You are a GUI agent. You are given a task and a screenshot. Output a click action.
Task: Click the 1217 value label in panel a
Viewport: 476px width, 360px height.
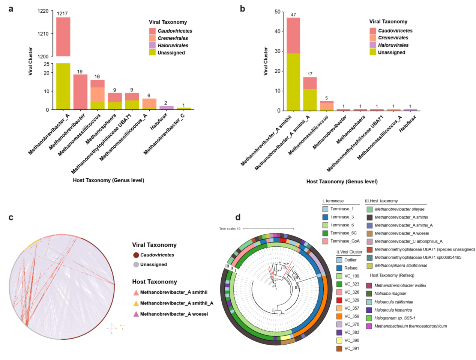tap(62, 13)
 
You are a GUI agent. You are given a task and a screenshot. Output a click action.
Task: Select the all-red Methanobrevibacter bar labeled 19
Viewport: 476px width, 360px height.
tap(80, 92)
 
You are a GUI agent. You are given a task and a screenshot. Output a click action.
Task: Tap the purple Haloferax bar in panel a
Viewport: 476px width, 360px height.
tap(166, 108)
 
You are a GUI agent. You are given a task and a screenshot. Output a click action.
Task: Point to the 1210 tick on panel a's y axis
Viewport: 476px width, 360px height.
tap(43, 34)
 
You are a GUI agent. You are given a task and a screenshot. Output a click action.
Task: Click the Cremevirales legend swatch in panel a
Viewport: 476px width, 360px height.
tap(152, 38)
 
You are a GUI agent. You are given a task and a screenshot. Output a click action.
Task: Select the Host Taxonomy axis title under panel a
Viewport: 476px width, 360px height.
tap(108, 180)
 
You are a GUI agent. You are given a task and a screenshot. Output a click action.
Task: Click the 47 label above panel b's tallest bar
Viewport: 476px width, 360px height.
tap(293, 15)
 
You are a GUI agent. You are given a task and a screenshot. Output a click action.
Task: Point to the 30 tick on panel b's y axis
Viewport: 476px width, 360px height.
tap(278, 51)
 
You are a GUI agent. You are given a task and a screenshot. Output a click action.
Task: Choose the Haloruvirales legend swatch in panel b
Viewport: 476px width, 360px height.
tap(373, 45)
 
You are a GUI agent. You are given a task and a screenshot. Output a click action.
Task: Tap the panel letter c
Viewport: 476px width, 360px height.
tap(11, 217)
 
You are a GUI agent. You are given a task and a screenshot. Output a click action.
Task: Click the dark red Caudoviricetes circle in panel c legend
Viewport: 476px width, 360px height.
tap(136, 255)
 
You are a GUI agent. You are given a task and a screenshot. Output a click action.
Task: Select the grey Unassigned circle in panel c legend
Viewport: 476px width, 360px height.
tap(136, 265)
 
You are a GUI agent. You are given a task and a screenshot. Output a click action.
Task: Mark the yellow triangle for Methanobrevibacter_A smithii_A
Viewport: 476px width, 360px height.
tap(136, 303)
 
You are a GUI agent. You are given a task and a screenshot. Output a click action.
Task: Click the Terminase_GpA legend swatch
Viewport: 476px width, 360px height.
tap(325, 241)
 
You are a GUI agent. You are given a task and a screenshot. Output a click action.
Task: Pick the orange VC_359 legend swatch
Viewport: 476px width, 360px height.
tap(339, 316)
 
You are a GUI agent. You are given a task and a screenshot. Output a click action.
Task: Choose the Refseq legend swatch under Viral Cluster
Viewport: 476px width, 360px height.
tap(339, 268)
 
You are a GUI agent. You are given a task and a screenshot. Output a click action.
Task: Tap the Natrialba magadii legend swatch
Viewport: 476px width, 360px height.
tap(369, 294)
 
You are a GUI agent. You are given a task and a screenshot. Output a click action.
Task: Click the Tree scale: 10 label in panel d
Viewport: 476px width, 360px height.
tap(230, 229)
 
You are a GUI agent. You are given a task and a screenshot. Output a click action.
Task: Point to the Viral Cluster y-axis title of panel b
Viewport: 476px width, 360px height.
tap(266, 61)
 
